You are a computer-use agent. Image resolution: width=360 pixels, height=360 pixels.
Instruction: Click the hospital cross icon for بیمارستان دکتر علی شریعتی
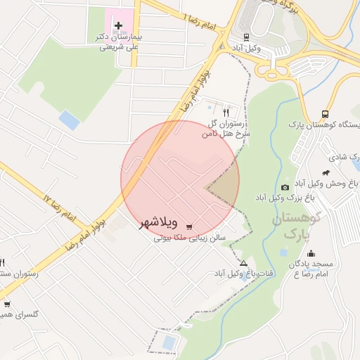(118, 26)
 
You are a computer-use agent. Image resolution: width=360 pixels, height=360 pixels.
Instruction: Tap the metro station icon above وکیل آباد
(247, 37)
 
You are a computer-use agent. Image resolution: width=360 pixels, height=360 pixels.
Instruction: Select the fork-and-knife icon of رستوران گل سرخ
(226, 111)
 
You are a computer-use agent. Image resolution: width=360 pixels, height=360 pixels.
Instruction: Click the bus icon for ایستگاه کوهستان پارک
(325, 113)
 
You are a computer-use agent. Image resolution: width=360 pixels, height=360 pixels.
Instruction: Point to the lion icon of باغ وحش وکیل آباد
(326, 173)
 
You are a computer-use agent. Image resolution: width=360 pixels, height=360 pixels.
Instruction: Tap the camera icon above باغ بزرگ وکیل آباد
(285, 187)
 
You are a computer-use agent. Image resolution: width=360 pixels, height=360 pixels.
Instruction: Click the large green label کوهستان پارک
(295, 226)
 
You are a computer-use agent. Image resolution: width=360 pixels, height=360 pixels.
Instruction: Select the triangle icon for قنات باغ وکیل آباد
(243, 262)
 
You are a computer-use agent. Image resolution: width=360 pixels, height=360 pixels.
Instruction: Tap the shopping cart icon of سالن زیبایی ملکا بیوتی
(189, 226)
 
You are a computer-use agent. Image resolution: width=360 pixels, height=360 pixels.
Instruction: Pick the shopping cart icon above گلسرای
(8, 304)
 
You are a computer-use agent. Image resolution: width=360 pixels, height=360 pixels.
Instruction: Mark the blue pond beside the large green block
(69, 120)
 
